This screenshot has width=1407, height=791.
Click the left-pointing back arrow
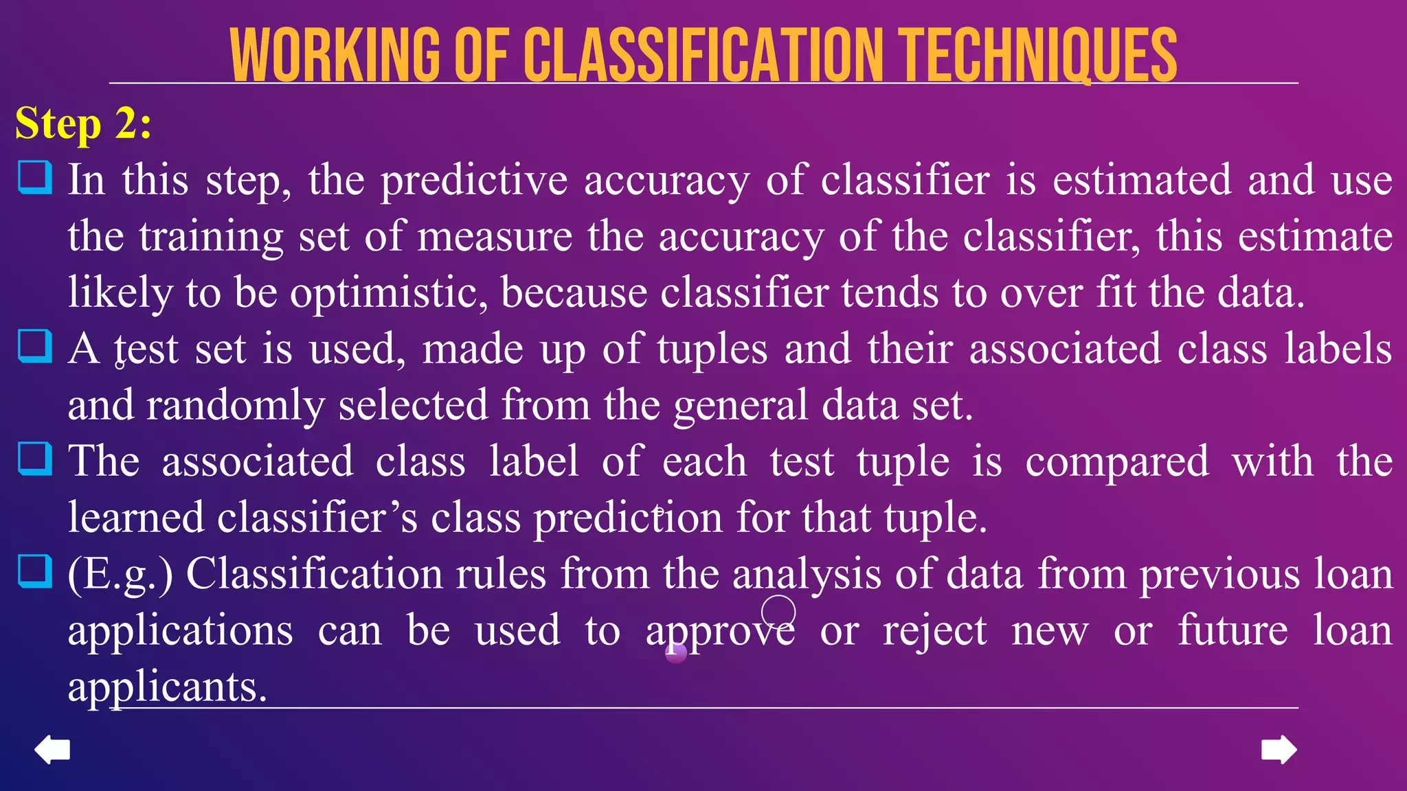click(52, 749)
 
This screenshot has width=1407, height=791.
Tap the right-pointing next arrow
click(1279, 749)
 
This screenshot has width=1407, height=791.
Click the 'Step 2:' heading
click(83, 124)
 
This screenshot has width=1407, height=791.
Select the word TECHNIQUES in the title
click(1039, 56)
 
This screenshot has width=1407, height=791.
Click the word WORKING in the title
click(335, 56)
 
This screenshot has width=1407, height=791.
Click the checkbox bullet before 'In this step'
click(34, 178)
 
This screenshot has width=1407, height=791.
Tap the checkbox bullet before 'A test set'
click(34, 347)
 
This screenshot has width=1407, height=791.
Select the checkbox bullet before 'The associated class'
click(34, 459)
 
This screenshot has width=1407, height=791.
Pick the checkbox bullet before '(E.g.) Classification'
click(34, 571)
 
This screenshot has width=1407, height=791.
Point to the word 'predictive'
click(474, 181)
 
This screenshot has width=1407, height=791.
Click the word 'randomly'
click(236, 405)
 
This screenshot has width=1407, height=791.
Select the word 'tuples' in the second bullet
click(712, 349)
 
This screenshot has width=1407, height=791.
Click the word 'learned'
click(135, 517)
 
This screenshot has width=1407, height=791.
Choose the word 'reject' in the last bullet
click(935, 630)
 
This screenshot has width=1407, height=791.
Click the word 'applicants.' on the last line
click(167, 686)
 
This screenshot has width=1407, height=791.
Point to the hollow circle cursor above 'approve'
click(778, 611)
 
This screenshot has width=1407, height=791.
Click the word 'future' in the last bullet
click(1232, 630)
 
